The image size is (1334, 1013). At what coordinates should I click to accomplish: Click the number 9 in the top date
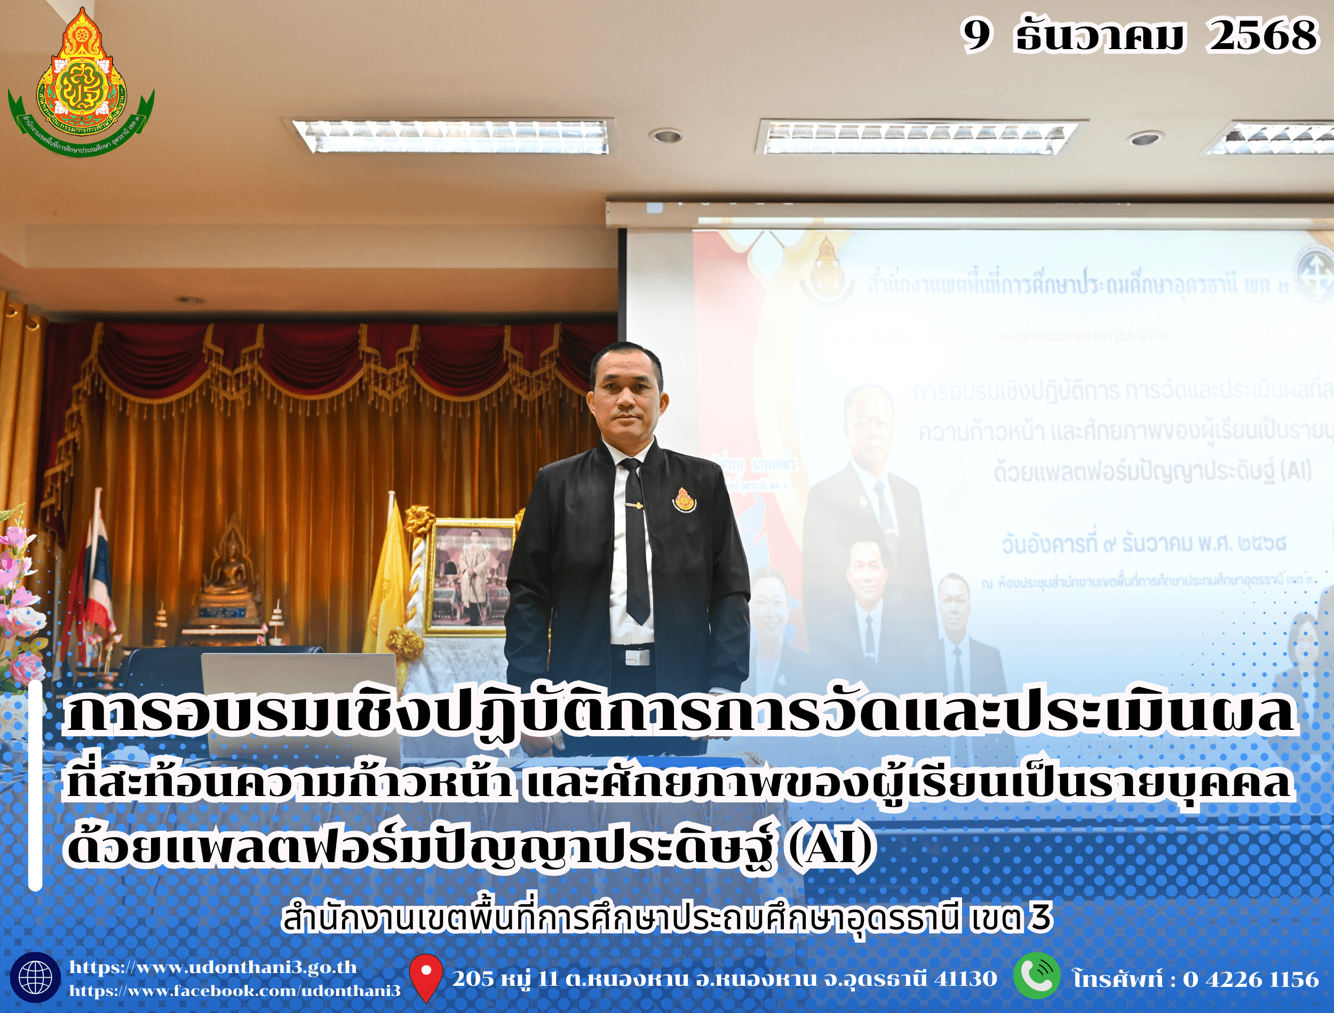pos(975,35)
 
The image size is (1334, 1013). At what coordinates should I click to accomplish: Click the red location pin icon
pos(426,977)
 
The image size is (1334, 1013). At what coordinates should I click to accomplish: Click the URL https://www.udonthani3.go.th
pos(213,967)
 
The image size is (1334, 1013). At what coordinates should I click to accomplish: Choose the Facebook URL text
pos(235,991)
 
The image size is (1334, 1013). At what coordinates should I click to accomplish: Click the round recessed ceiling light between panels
pos(666,135)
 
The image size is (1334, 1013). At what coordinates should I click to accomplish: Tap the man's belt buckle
pos(637,656)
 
